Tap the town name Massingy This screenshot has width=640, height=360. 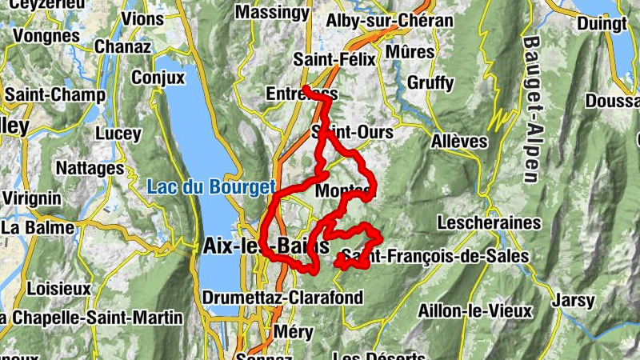pos(272,13)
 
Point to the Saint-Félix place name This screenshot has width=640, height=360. pos(333,59)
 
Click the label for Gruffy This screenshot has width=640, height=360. pos(430,82)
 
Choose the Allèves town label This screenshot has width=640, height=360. pos(458,141)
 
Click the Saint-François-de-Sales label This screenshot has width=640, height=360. pos(434,257)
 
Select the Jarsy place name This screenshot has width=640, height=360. pos(573,301)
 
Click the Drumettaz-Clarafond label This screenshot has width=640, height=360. pos(282,298)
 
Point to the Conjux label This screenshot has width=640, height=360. pos(158,78)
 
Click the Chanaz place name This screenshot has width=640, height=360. pos(122,46)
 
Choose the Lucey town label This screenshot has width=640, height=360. pos(118,134)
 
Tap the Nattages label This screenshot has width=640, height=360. pos(90,169)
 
